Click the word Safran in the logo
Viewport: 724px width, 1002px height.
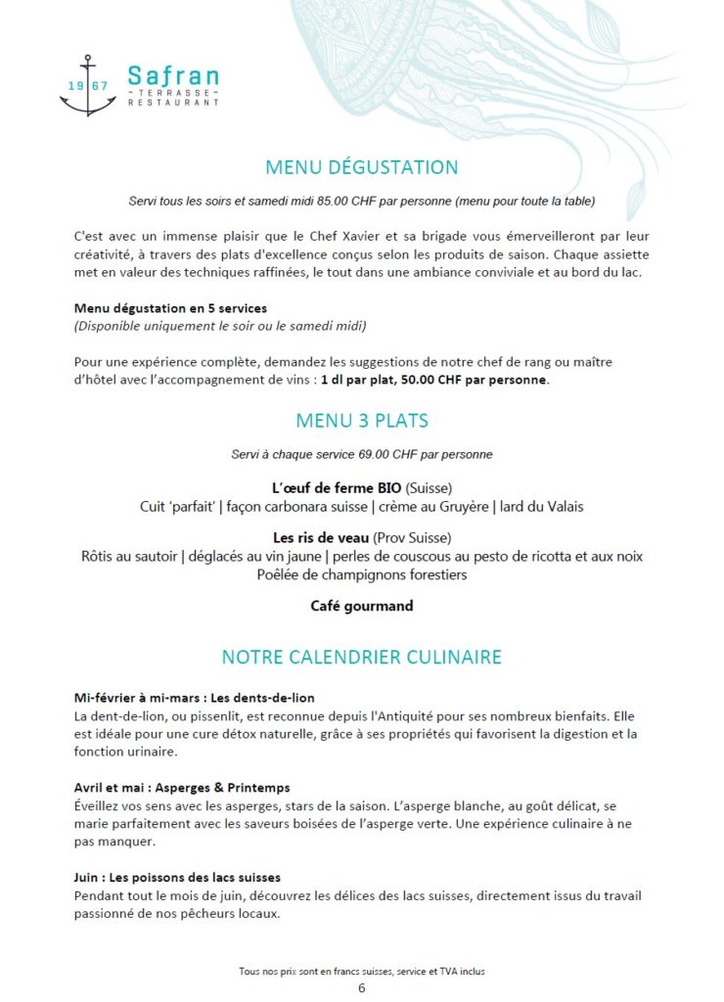tap(173, 75)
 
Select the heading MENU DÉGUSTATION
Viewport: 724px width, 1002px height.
tap(362, 167)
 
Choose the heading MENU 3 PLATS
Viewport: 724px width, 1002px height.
tap(362, 421)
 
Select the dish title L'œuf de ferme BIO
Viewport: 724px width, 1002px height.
tap(337, 487)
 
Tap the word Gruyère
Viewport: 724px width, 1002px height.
tap(458, 506)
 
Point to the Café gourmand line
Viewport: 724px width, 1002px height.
tap(362, 606)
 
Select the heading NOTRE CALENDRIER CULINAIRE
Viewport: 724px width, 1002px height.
tap(362, 656)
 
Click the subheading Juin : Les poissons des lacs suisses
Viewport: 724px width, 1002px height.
tap(177, 877)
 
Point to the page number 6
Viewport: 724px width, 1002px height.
tap(362, 987)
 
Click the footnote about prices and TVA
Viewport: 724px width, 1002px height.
tap(362, 972)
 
